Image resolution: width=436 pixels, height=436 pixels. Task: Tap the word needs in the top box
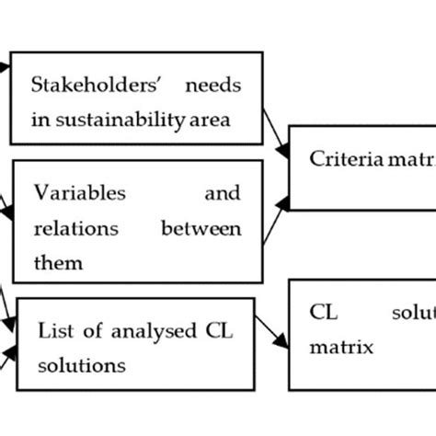[213, 87]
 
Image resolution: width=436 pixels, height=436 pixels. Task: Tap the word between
[201, 228]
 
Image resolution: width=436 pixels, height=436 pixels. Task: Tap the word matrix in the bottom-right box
[341, 348]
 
